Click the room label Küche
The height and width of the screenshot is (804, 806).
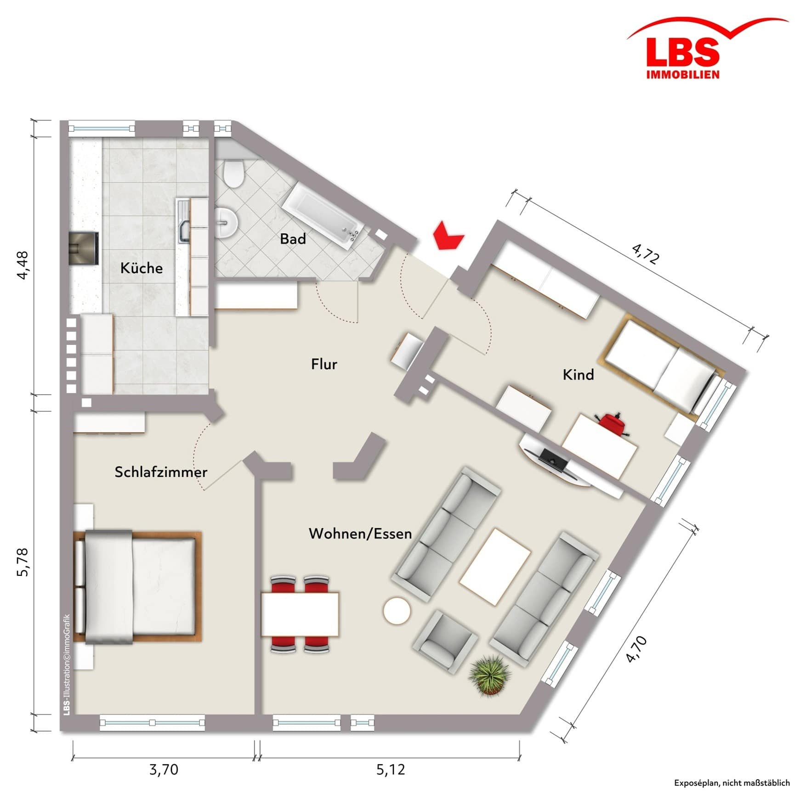tap(142, 268)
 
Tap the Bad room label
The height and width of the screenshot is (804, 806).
tap(293, 239)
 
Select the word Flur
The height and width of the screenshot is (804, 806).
tap(324, 364)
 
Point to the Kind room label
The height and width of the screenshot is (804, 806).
tap(578, 375)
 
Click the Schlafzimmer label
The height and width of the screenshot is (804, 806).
tap(161, 472)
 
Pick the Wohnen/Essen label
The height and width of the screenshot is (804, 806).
tap(360, 534)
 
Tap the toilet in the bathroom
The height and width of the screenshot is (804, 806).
tap(234, 173)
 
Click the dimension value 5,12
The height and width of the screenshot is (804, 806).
tap(391, 769)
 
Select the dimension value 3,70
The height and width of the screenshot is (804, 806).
tap(164, 769)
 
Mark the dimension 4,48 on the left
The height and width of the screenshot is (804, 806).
tap(23, 265)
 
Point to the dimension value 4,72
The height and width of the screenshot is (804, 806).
tap(646, 253)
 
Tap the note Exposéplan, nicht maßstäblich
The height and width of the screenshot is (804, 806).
tap(732, 783)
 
